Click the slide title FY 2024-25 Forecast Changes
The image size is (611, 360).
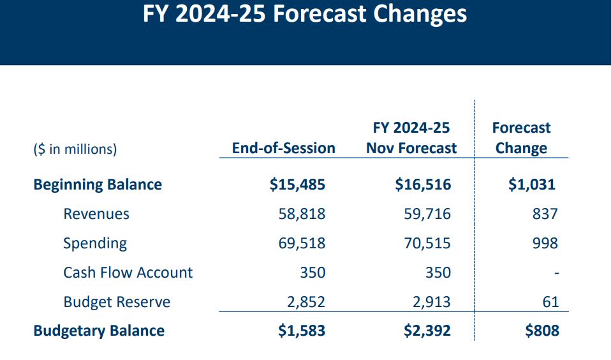click(x=305, y=15)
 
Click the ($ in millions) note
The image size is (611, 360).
click(x=75, y=149)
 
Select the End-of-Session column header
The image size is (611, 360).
click(x=283, y=148)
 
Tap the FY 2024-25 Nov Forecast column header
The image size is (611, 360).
click(x=411, y=138)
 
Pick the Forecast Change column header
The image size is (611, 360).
click(x=521, y=138)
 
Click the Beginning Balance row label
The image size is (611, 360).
click(x=98, y=185)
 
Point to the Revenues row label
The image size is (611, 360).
click(x=96, y=214)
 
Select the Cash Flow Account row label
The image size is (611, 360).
click(x=128, y=273)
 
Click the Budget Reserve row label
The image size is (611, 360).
click(x=117, y=302)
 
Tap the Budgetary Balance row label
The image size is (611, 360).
click(x=99, y=331)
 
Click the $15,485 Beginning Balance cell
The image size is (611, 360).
click(x=297, y=185)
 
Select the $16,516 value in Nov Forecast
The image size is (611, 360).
click(x=423, y=185)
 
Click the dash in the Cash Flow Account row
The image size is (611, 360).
click(x=556, y=273)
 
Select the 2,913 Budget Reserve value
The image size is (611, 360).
click(x=433, y=302)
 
